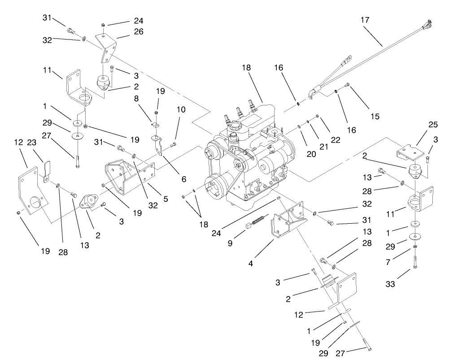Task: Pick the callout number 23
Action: point(31,143)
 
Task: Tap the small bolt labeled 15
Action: point(347,86)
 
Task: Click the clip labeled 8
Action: point(154,126)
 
